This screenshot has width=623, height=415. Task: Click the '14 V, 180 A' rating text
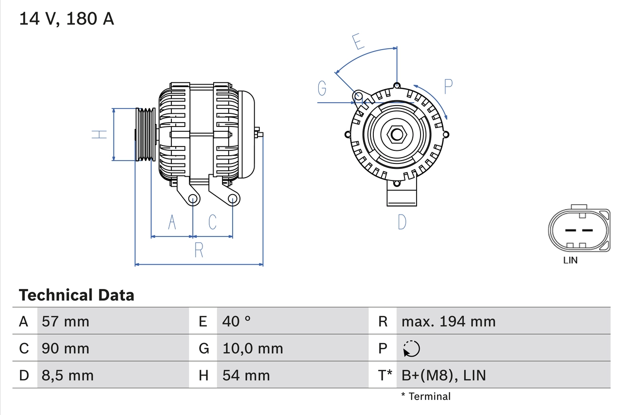pos(67,18)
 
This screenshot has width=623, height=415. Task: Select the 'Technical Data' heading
pos(76,295)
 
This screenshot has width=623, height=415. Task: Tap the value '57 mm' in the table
pos(66,321)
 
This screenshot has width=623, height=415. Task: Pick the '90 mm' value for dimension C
pos(66,348)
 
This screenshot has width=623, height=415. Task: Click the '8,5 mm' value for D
pos(68,375)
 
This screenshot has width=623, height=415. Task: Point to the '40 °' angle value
pos(237,321)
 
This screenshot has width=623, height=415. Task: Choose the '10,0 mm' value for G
pos(253,348)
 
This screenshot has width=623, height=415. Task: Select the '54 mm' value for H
pos(246,375)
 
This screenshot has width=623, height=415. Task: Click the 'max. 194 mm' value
pos(448,321)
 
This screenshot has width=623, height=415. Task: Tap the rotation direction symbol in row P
pos(411,348)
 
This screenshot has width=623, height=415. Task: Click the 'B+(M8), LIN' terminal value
pos(443,375)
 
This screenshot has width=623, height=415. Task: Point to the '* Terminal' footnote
pos(426,396)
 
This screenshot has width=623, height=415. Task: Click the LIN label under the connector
pos(570,260)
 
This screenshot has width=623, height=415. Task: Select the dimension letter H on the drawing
pos(100,134)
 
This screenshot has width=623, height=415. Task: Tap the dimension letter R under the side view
pos(199,250)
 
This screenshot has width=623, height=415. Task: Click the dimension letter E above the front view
pos(358,42)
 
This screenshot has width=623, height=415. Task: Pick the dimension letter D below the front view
pos(402,222)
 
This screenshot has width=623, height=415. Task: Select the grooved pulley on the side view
pos(145,134)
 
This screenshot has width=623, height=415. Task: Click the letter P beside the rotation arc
pos(448,87)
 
